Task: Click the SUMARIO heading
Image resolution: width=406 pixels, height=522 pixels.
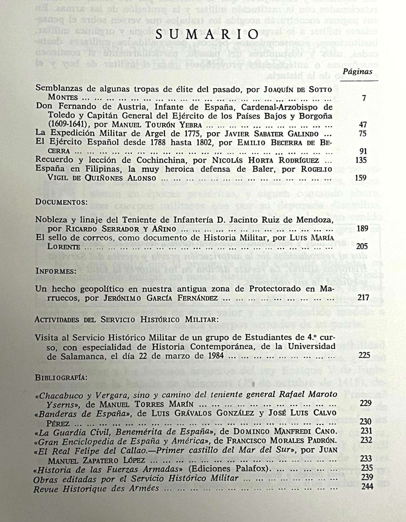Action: point(207,35)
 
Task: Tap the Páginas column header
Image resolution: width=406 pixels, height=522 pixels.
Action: point(358,72)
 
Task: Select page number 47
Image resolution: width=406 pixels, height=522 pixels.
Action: point(363,125)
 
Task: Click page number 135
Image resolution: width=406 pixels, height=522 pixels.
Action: point(361,160)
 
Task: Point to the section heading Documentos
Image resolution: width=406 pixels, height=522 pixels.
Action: point(61,202)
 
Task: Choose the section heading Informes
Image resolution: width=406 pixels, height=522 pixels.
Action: point(56,271)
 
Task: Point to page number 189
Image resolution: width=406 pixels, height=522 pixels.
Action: point(362,229)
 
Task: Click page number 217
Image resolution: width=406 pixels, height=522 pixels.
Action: point(363,298)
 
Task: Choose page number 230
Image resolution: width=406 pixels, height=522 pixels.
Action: point(365,422)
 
